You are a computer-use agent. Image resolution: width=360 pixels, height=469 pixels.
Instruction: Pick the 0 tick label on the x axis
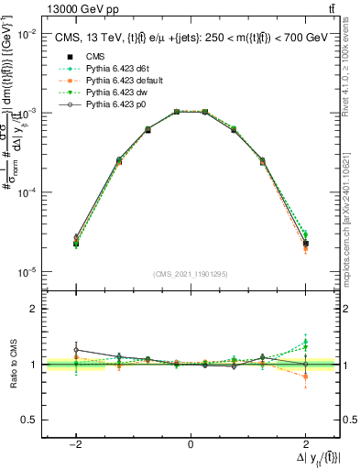(191, 443)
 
